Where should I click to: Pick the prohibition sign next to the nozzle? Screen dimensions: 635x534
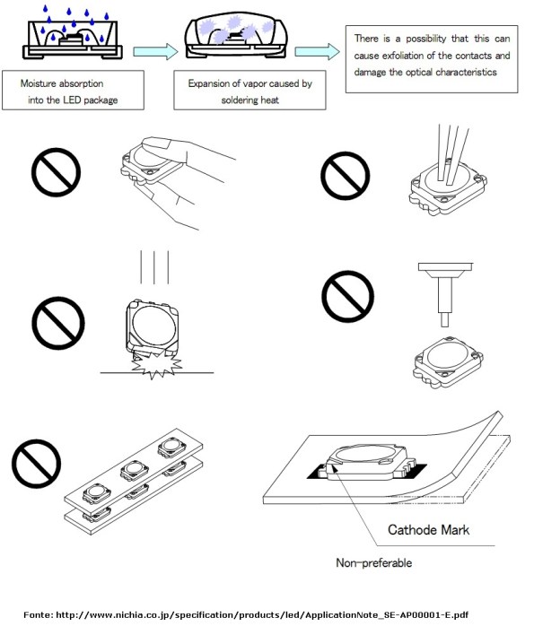(347, 294)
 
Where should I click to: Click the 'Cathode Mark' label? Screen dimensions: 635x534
(428, 529)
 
